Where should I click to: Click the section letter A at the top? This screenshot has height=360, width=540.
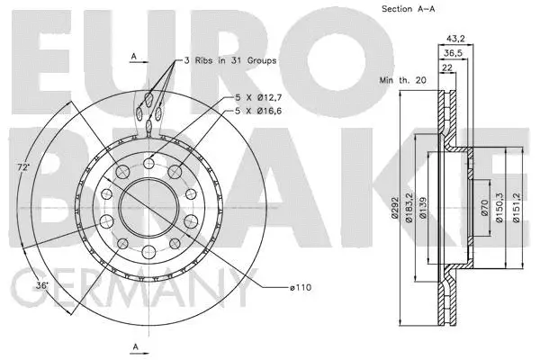(x=135, y=55)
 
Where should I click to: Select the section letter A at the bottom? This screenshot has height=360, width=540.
(x=135, y=345)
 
